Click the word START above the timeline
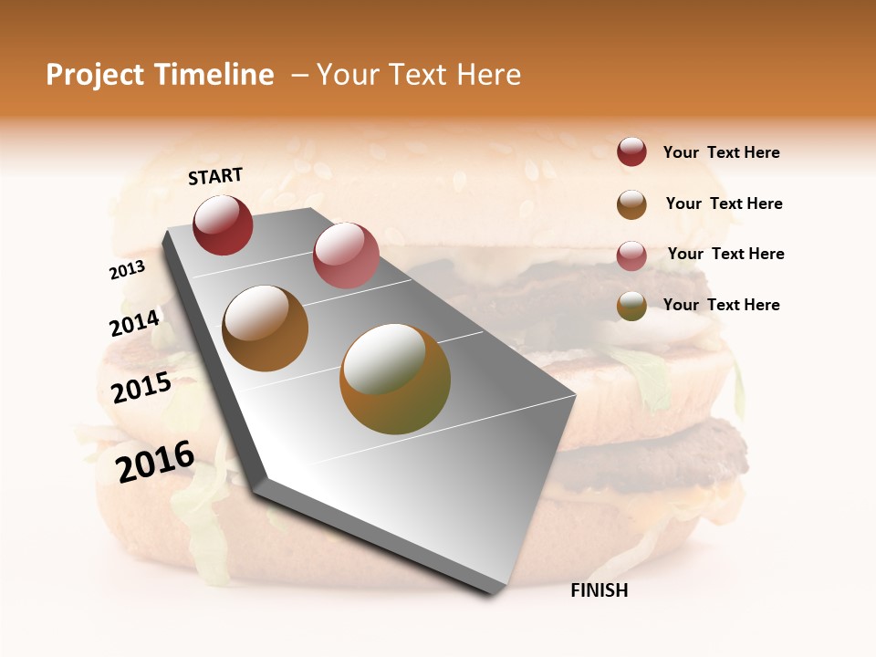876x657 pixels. coord(215,176)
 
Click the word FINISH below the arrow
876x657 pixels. coord(599,590)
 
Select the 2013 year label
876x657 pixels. coord(127,269)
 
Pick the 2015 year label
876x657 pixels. coord(141,388)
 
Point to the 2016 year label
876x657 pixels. coord(155,461)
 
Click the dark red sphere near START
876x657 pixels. coord(223,225)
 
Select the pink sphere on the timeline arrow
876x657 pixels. coord(346,255)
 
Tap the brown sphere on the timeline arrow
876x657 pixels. coord(266,328)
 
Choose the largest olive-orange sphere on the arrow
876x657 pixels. coord(395,379)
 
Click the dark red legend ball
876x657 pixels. coord(631,152)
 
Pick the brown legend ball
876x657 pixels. coord(631,204)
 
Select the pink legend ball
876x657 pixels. coord(631,255)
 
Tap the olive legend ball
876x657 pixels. coord(631,306)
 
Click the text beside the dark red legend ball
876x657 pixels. coord(721,152)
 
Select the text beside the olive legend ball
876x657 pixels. coord(721,305)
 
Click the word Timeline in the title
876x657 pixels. coord(214,75)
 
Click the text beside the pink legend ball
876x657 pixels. coord(725,254)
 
